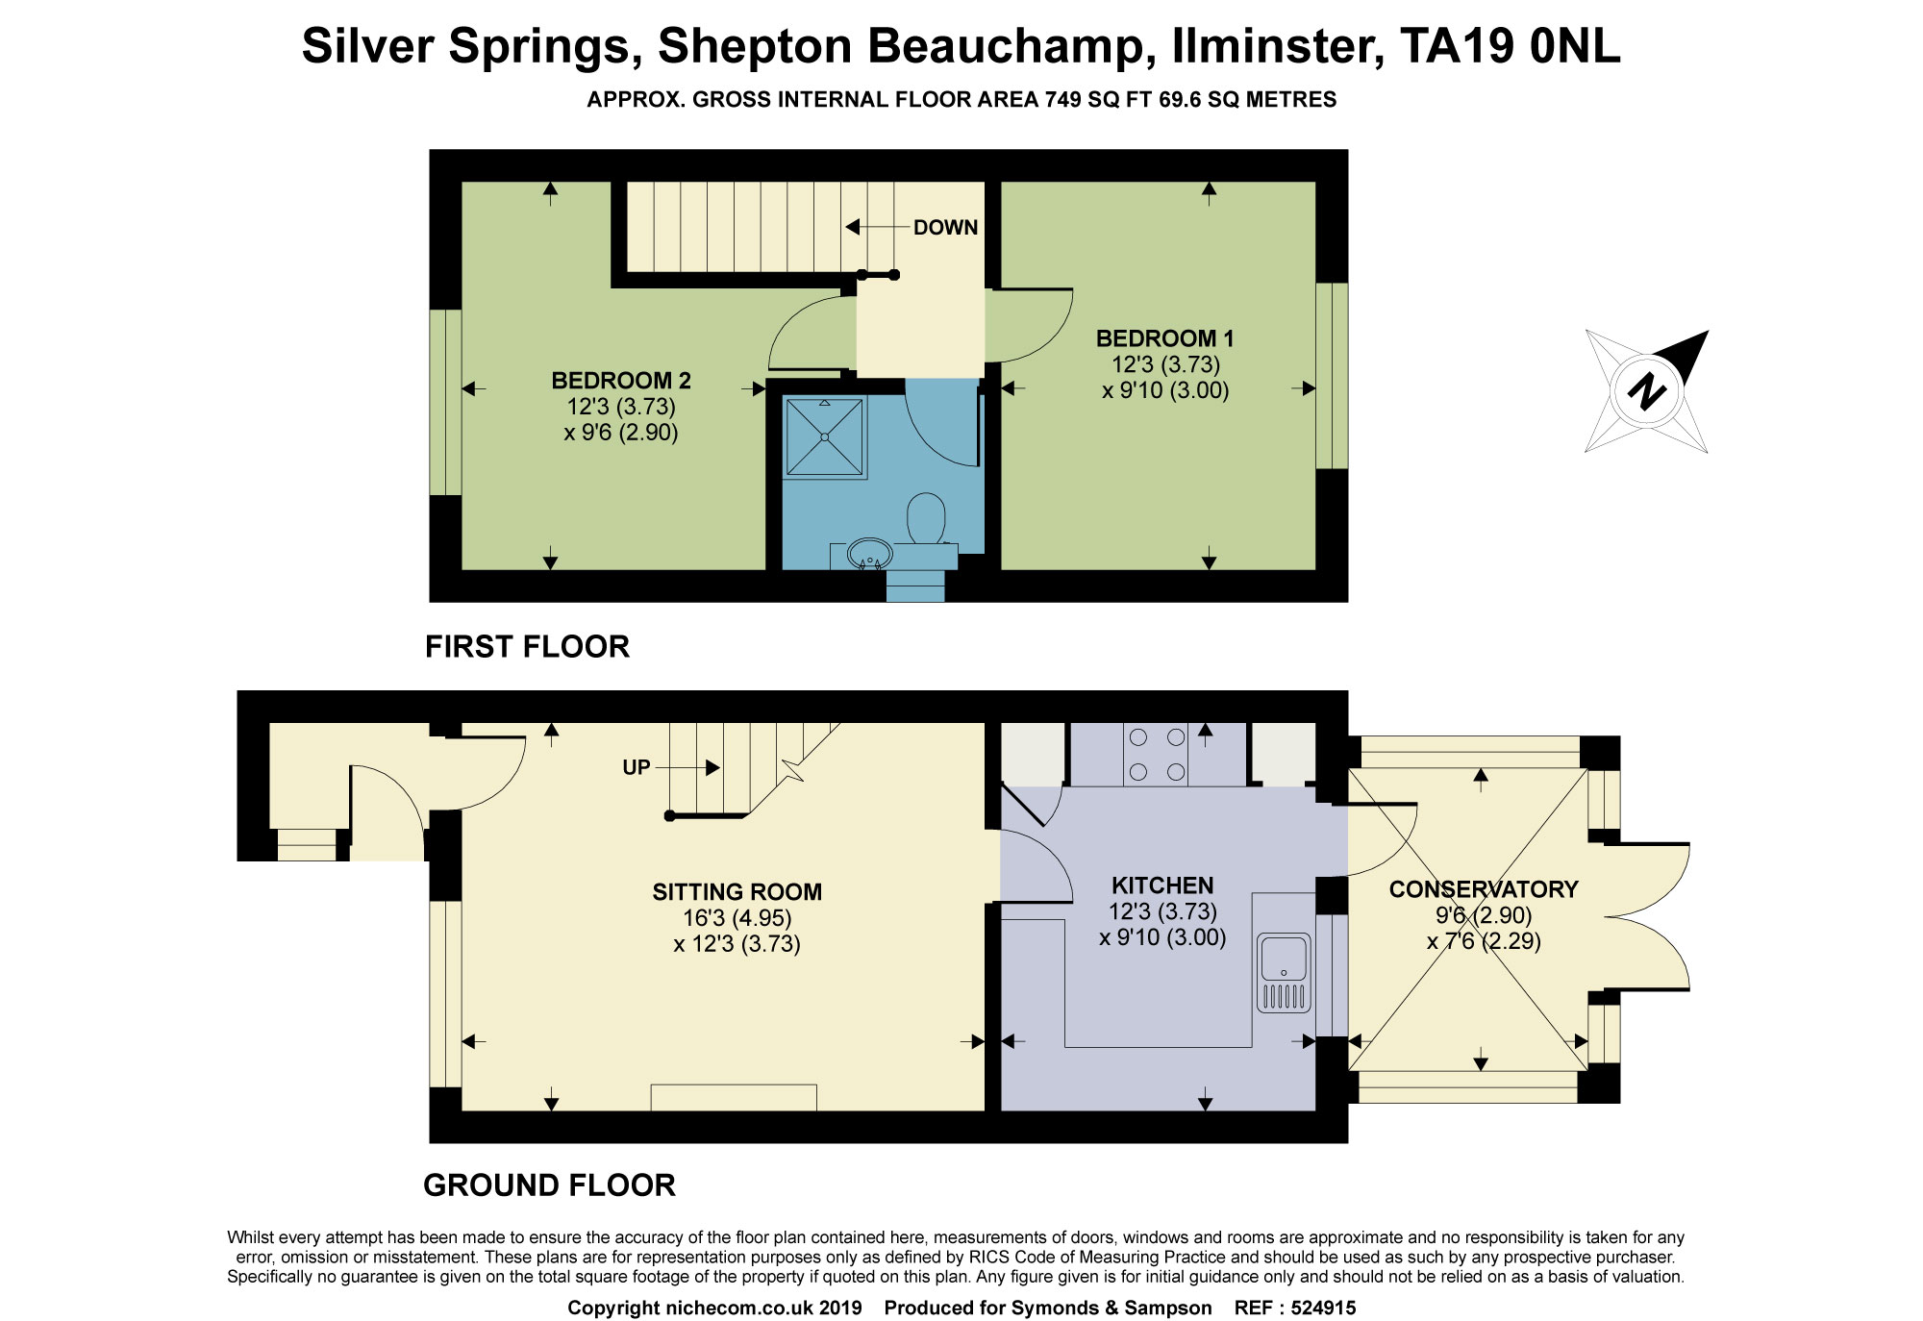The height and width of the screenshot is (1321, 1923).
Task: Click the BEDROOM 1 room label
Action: (x=1164, y=338)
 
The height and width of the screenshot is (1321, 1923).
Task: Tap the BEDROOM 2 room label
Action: (x=621, y=381)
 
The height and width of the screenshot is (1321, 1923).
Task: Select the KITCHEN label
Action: (x=1162, y=885)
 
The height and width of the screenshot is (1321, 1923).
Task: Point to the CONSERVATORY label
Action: (x=1484, y=889)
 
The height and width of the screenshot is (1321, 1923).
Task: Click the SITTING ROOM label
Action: (x=737, y=892)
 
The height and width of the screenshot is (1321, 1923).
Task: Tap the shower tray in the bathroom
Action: (x=825, y=437)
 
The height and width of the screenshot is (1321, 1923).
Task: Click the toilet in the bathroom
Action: (x=926, y=519)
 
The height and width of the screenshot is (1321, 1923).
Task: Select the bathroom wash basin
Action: (x=869, y=555)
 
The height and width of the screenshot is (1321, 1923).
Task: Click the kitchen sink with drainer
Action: (x=1284, y=972)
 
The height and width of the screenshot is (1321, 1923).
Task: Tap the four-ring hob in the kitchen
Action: (x=1157, y=755)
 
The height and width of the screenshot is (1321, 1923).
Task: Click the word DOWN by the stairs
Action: (x=945, y=228)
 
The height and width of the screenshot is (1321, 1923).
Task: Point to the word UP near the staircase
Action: (x=637, y=767)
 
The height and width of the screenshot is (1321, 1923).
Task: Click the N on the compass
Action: (x=1647, y=390)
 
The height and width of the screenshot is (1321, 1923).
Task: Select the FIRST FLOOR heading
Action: (x=527, y=647)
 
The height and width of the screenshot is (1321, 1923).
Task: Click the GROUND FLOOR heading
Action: (x=549, y=1185)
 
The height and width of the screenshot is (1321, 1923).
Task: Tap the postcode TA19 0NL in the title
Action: (x=1510, y=46)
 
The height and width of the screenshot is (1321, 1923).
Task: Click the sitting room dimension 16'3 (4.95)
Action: (x=737, y=918)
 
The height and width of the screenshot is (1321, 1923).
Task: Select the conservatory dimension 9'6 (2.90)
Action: (x=1484, y=915)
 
